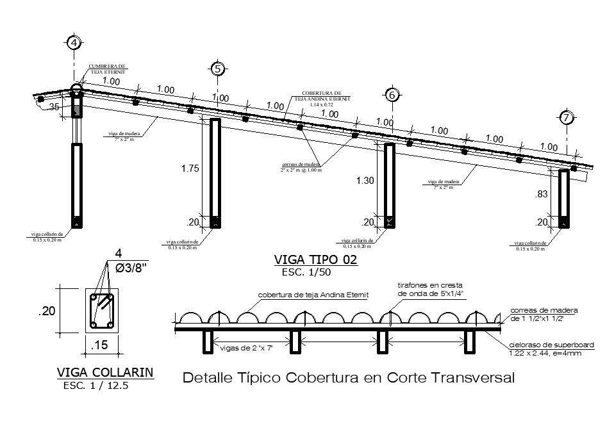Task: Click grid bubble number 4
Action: click(75, 44)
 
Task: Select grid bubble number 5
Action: click(219, 69)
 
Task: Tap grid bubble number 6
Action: click(392, 95)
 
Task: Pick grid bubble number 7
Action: click(566, 117)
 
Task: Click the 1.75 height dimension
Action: click(190, 169)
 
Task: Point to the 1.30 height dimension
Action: click(365, 181)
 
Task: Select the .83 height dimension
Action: click(542, 193)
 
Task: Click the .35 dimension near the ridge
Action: click(54, 108)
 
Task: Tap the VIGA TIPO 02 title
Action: click(315, 260)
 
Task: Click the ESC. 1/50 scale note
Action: click(307, 273)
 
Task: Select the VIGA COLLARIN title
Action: click(105, 373)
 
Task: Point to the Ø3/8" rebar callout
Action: click(131, 269)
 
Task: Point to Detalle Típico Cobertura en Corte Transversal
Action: click(349, 378)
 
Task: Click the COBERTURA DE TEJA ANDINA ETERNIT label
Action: click(326, 96)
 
